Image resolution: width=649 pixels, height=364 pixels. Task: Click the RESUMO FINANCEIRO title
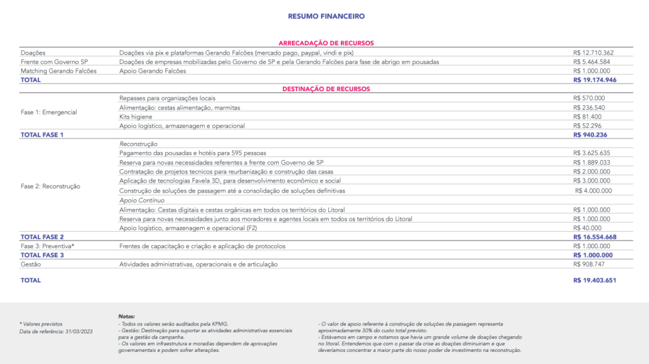pos(326,15)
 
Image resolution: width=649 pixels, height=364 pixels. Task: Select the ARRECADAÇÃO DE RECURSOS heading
pos(326,43)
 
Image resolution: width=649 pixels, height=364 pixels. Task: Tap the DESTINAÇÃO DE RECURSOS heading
pos(326,89)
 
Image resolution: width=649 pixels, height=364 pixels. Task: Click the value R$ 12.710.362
pos(593,53)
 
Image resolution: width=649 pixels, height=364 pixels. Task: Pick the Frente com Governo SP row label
pos(54,62)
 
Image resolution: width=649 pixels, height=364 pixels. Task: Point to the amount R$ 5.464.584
pos(591,62)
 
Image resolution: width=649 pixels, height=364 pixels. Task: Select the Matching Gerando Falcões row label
pos(59,71)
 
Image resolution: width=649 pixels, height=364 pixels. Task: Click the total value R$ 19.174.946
pos(594,80)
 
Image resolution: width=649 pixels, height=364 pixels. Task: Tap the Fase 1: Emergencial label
pos(49,112)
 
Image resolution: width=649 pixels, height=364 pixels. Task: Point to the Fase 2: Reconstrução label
pos(51,186)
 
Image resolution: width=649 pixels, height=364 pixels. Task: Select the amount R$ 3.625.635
pos(591,153)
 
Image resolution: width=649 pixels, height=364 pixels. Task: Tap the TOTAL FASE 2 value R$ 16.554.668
pos(594,237)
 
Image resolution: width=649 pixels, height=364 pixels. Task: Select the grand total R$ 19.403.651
pos(594,280)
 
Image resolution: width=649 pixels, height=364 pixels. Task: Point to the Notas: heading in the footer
pos(127,315)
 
